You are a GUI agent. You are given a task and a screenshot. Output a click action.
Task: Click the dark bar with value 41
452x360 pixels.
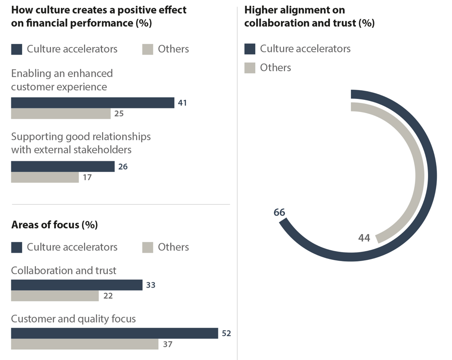coord(92,103)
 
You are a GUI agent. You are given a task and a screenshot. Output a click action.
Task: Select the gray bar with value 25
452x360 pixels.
coord(61,114)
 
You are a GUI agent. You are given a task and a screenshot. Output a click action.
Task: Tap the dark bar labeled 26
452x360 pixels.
coord(62,166)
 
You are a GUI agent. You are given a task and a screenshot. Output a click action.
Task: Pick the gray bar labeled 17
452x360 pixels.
coord(45,177)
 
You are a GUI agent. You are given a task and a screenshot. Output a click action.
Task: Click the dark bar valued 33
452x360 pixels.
coord(76,285)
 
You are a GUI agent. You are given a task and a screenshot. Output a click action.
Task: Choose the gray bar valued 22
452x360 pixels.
coord(55,296)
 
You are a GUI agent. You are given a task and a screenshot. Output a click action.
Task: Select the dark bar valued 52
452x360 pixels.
coord(114,333)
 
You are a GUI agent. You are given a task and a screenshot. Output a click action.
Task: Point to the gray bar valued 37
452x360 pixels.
coord(85,344)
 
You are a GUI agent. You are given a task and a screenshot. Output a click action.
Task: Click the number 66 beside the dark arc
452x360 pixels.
coord(279,213)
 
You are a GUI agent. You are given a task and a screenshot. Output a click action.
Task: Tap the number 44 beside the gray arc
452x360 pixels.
coord(364,238)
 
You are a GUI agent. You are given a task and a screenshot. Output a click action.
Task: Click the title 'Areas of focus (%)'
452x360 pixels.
coord(55,225)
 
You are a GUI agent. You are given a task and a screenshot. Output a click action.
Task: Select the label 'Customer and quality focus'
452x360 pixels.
coord(73,319)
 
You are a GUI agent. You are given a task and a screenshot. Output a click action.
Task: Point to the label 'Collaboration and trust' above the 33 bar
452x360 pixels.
coord(64,271)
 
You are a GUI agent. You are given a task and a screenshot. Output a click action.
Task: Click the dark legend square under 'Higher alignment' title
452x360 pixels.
coord(250,49)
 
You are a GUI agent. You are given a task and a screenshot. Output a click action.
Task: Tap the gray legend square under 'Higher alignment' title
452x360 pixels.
coord(250,68)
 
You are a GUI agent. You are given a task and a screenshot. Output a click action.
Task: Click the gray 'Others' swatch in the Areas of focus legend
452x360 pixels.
coord(148,248)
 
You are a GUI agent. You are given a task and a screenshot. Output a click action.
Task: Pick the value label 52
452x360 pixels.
coord(226,334)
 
